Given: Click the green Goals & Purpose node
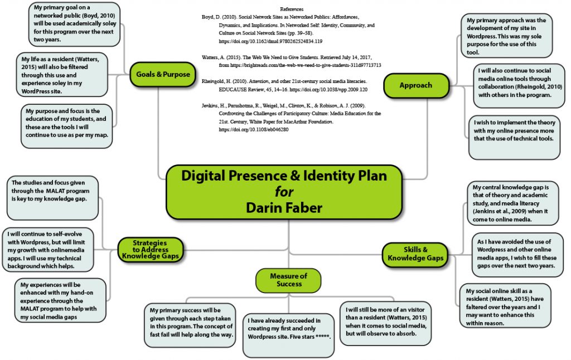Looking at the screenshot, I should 163,74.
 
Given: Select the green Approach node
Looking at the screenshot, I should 416,85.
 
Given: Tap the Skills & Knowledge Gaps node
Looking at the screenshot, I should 415,254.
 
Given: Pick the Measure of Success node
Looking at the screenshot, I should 288,280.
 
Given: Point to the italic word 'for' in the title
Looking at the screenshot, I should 283,192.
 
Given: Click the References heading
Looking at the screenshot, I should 292,9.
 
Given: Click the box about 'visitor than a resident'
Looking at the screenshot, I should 385,322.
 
